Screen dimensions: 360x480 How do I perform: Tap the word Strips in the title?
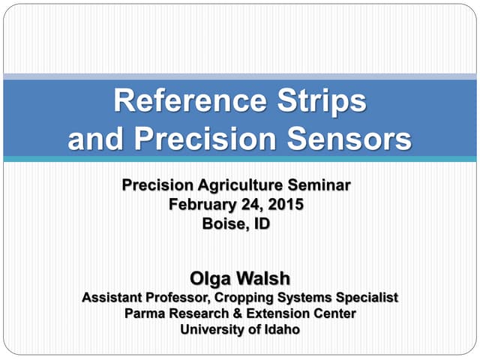324,101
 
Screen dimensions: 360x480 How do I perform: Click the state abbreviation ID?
259,223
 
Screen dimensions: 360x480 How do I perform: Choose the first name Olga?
212,279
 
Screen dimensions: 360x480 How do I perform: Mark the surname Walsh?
263,279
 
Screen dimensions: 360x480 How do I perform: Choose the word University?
211,328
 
